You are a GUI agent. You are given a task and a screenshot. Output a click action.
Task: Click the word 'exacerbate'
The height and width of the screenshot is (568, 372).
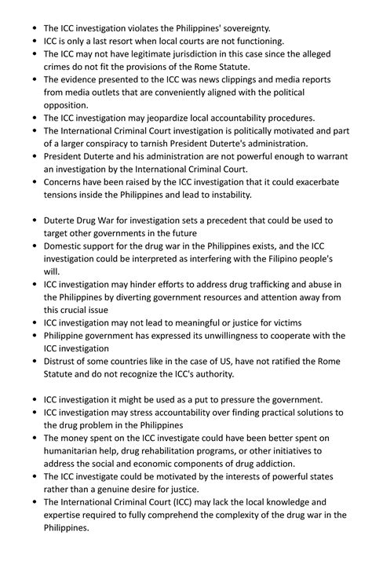[308, 182]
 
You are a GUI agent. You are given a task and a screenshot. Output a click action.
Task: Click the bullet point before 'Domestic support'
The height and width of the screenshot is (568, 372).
[34, 246]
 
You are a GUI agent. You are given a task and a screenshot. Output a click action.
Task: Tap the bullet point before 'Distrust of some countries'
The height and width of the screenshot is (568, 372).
[34, 361]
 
